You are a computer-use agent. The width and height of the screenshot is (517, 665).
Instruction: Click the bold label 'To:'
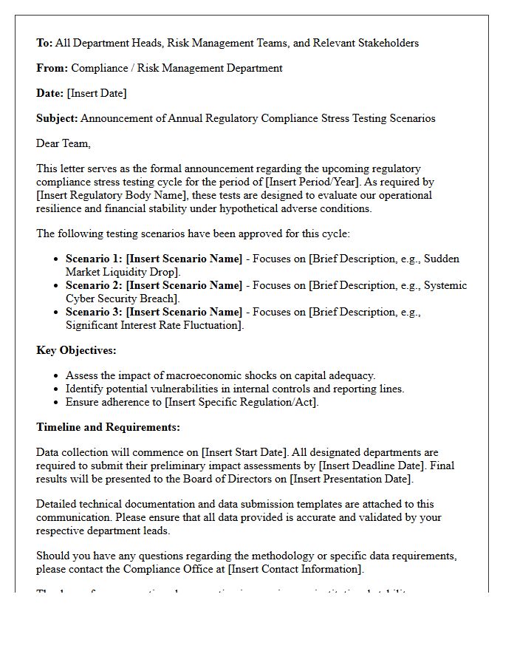pos(44,43)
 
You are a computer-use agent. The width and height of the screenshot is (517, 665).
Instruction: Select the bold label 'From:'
pos(52,68)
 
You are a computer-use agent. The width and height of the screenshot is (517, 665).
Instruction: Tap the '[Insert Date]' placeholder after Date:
pos(97,93)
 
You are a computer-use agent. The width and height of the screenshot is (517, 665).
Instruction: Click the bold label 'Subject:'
pos(57,118)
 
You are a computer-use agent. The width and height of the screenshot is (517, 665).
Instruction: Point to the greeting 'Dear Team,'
pos(64,143)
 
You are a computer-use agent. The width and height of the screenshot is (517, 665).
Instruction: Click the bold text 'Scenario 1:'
pos(95,259)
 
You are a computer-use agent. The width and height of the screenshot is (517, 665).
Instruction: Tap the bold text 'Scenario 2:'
pos(95,285)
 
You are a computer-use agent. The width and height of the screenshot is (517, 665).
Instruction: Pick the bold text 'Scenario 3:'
pos(95,312)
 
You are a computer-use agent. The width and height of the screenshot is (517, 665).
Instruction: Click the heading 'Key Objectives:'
pos(76,350)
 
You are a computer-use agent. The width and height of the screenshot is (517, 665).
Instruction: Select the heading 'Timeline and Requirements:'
pos(108,427)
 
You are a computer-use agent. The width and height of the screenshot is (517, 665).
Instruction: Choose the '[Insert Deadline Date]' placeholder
pos(372,465)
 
